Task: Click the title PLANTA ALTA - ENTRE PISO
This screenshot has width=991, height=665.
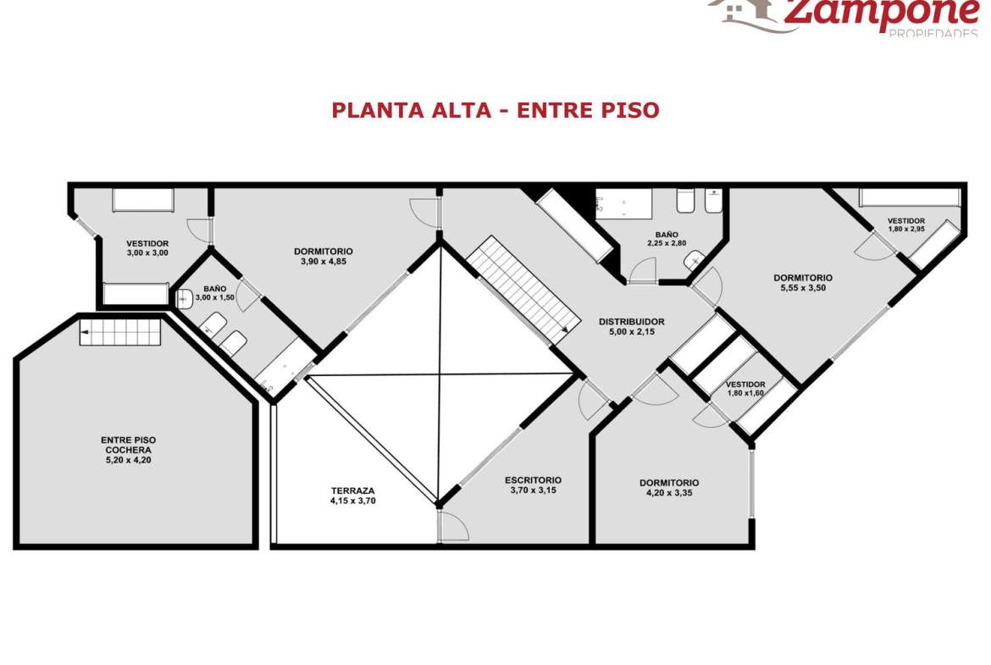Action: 495,110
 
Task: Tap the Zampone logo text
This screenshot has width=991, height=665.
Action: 881,11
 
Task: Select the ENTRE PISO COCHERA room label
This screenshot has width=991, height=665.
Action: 128,445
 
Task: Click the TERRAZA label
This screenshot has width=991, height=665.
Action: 352,490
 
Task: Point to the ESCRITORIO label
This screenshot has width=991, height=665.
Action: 533,479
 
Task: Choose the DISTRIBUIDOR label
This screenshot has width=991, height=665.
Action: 631,322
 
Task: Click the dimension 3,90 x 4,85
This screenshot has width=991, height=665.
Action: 324,262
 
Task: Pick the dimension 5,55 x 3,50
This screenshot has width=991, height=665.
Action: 803,288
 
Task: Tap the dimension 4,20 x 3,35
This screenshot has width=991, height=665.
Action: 668,493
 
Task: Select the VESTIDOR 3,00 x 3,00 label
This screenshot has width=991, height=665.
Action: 147,248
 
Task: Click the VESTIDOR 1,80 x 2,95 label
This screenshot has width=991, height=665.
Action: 906,225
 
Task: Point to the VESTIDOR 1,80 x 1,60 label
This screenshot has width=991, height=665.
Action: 745,389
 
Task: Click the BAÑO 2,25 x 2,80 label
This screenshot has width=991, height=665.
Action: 667,239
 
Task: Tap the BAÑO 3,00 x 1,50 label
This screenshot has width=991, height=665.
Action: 215,293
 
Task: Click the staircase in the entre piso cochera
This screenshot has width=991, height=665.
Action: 120,332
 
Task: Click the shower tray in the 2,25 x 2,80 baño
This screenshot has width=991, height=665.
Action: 623,203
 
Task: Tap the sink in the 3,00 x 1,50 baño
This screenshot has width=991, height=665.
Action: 184,298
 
